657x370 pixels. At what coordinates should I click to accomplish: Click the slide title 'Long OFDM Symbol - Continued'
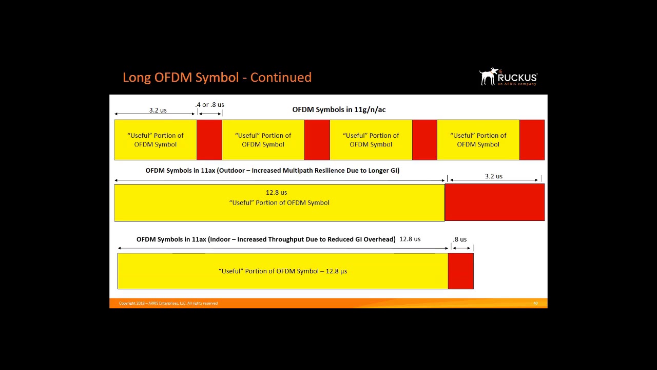click(x=217, y=78)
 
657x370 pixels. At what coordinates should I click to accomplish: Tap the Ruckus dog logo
click(x=489, y=76)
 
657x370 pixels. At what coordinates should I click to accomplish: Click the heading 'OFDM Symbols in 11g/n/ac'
click(x=339, y=109)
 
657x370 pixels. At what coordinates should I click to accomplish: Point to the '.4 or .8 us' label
click(x=210, y=105)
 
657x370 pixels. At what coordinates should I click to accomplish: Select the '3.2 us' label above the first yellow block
click(x=158, y=110)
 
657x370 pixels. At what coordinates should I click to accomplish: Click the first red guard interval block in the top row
click(x=209, y=140)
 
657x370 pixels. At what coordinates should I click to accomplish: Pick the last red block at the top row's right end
click(x=532, y=140)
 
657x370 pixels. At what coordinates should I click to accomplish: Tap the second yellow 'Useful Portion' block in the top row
click(x=263, y=140)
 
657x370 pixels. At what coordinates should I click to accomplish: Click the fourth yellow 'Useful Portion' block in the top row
click(x=478, y=140)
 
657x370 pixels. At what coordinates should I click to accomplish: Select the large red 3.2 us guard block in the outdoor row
click(x=494, y=202)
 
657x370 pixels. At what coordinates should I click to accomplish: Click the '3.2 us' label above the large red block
click(x=493, y=176)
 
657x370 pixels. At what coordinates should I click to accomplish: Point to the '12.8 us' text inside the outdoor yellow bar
click(x=276, y=193)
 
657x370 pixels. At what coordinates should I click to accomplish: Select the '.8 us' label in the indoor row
click(x=460, y=239)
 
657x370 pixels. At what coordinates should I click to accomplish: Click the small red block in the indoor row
click(x=461, y=271)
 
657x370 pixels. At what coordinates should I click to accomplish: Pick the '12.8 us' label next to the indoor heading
click(x=410, y=239)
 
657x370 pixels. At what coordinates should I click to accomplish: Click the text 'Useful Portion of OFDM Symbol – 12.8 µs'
click(x=283, y=271)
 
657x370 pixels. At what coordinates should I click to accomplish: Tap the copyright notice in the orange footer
click(x=168, y=303)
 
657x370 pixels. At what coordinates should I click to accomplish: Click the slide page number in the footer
click(x=535, y=303)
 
